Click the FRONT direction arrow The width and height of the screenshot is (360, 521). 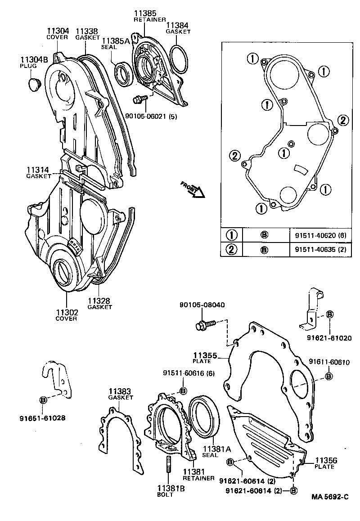193,189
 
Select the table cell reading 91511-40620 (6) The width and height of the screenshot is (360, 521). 320,235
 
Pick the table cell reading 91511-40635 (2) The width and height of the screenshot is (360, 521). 320,249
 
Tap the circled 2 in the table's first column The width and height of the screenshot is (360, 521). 231,249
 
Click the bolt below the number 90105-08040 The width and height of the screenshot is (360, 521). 205,324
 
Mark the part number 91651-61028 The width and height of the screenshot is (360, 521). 43,418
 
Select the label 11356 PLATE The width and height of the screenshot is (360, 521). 325,463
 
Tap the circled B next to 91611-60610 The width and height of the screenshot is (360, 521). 329,376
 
